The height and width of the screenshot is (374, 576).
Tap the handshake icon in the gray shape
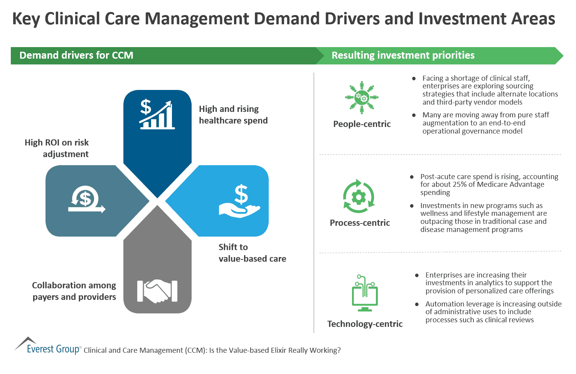(157, 291)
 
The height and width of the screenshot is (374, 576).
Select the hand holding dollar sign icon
(239, 201)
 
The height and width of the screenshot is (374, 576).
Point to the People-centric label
(362, 124)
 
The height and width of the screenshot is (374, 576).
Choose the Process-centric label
(360, 223)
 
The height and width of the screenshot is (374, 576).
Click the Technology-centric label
(365, 324)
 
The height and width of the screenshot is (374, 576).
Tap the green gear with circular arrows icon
(359, 196)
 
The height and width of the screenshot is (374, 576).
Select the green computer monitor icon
(365, 294)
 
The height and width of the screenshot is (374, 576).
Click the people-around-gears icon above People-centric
(362, 97)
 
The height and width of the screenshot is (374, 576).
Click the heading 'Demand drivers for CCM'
(76, 56)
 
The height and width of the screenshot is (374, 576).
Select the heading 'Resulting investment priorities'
(403, 56)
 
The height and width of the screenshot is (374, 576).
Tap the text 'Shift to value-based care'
(252, 253)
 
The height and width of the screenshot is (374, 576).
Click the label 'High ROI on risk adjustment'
(57, 148)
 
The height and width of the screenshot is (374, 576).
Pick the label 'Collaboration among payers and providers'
(74, 291)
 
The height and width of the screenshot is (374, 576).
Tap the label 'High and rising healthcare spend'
(233, 115)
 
